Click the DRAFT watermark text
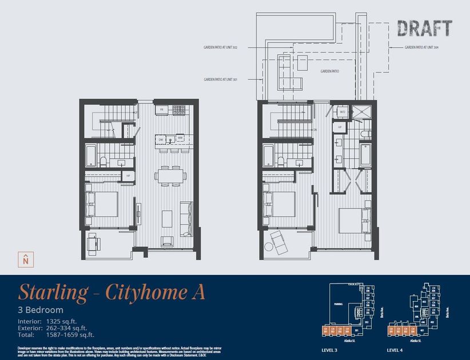(425, 28)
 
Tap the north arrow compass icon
(25, 259)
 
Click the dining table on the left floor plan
(169, 175)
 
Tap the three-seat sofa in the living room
(186, 219)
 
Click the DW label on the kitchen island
(161, 138)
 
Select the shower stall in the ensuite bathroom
(361, 113)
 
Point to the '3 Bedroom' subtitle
(41, 310)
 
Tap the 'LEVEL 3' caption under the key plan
(333, 349)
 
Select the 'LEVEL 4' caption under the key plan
(397, 349)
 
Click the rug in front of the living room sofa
(167, 218)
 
